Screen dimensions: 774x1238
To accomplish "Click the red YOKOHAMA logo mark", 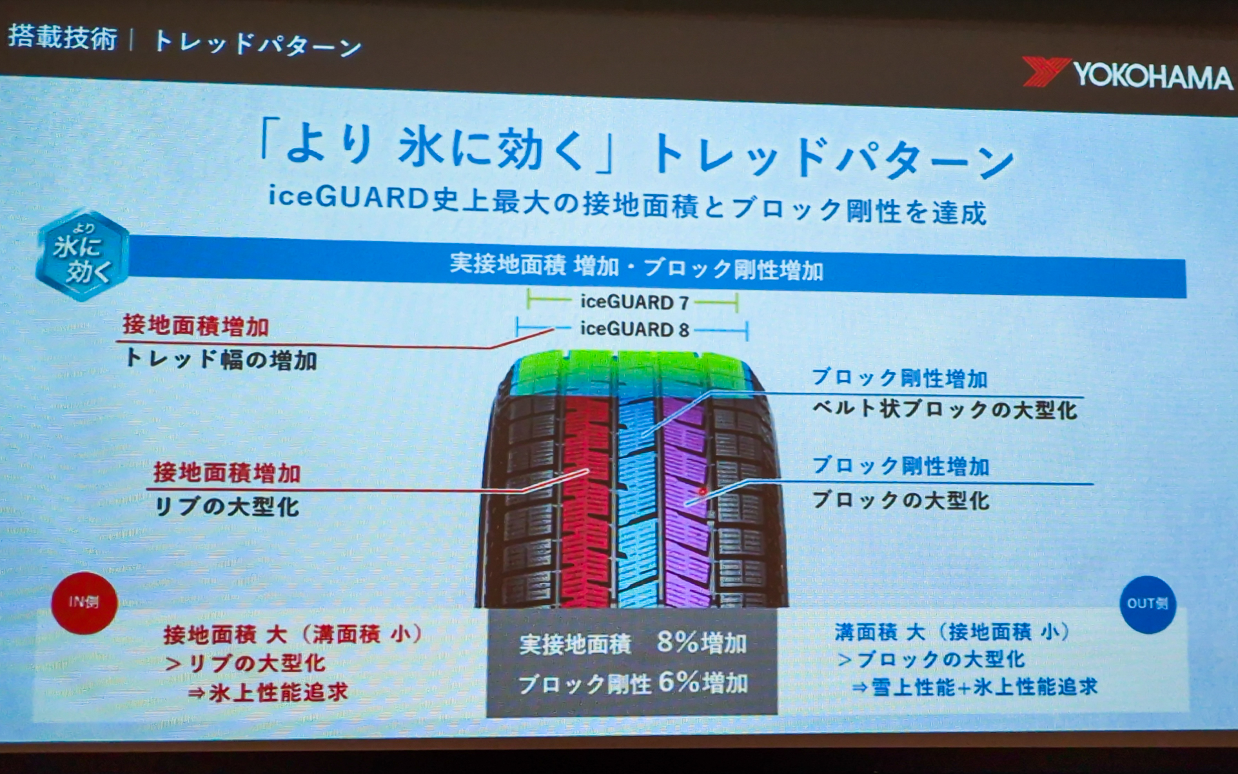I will point(1046,72).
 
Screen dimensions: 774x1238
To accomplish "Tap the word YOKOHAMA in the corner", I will point(1153,77).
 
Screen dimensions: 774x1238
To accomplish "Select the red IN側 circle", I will point(84,602).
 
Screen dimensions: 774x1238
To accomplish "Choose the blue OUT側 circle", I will point(1148,604).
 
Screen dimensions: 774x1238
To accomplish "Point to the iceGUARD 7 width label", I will point(634,302).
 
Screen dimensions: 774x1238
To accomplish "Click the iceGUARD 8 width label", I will point(634,329).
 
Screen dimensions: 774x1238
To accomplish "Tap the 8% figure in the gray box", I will point(678,642).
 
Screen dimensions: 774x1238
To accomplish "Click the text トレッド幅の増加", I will point(221,359).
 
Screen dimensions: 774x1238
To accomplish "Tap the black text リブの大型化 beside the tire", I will point(227,506).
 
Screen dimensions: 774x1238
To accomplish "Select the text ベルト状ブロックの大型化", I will point(945,410).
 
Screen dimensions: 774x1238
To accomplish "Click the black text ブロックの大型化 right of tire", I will point(901,500).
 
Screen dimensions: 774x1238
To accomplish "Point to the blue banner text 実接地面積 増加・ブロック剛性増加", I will point(636,266).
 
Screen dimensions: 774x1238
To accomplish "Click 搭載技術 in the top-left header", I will point(63,37).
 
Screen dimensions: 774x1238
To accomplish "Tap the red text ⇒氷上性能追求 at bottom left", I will point(268,693).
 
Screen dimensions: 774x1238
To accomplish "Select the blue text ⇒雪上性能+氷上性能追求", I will point(974,687).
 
